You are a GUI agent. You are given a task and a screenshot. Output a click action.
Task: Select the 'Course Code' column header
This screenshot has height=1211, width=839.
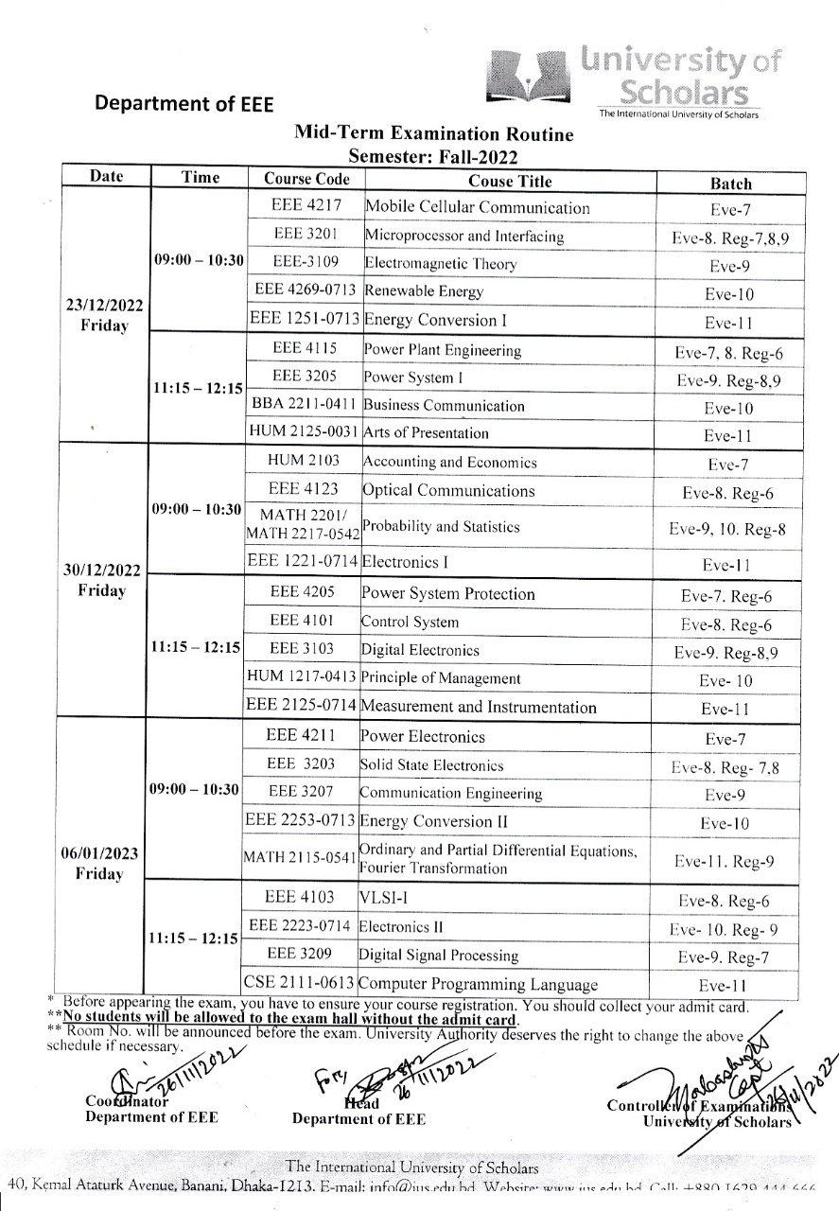click(306, 179)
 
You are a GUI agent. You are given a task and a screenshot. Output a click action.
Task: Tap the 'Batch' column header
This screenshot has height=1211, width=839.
click(730, 184)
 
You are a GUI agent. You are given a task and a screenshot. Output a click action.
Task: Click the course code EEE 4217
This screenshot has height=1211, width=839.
click(306, 206)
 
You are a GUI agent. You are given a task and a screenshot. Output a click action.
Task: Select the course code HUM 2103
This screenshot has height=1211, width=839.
click(304, 462)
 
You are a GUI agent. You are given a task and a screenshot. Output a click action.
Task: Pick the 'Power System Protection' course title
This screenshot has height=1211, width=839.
click(447, 594)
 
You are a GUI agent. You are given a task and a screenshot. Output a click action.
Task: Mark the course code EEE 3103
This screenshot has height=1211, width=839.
click(301, 649)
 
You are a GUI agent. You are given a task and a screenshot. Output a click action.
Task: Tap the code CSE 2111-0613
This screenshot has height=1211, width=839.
click(299, 984)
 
